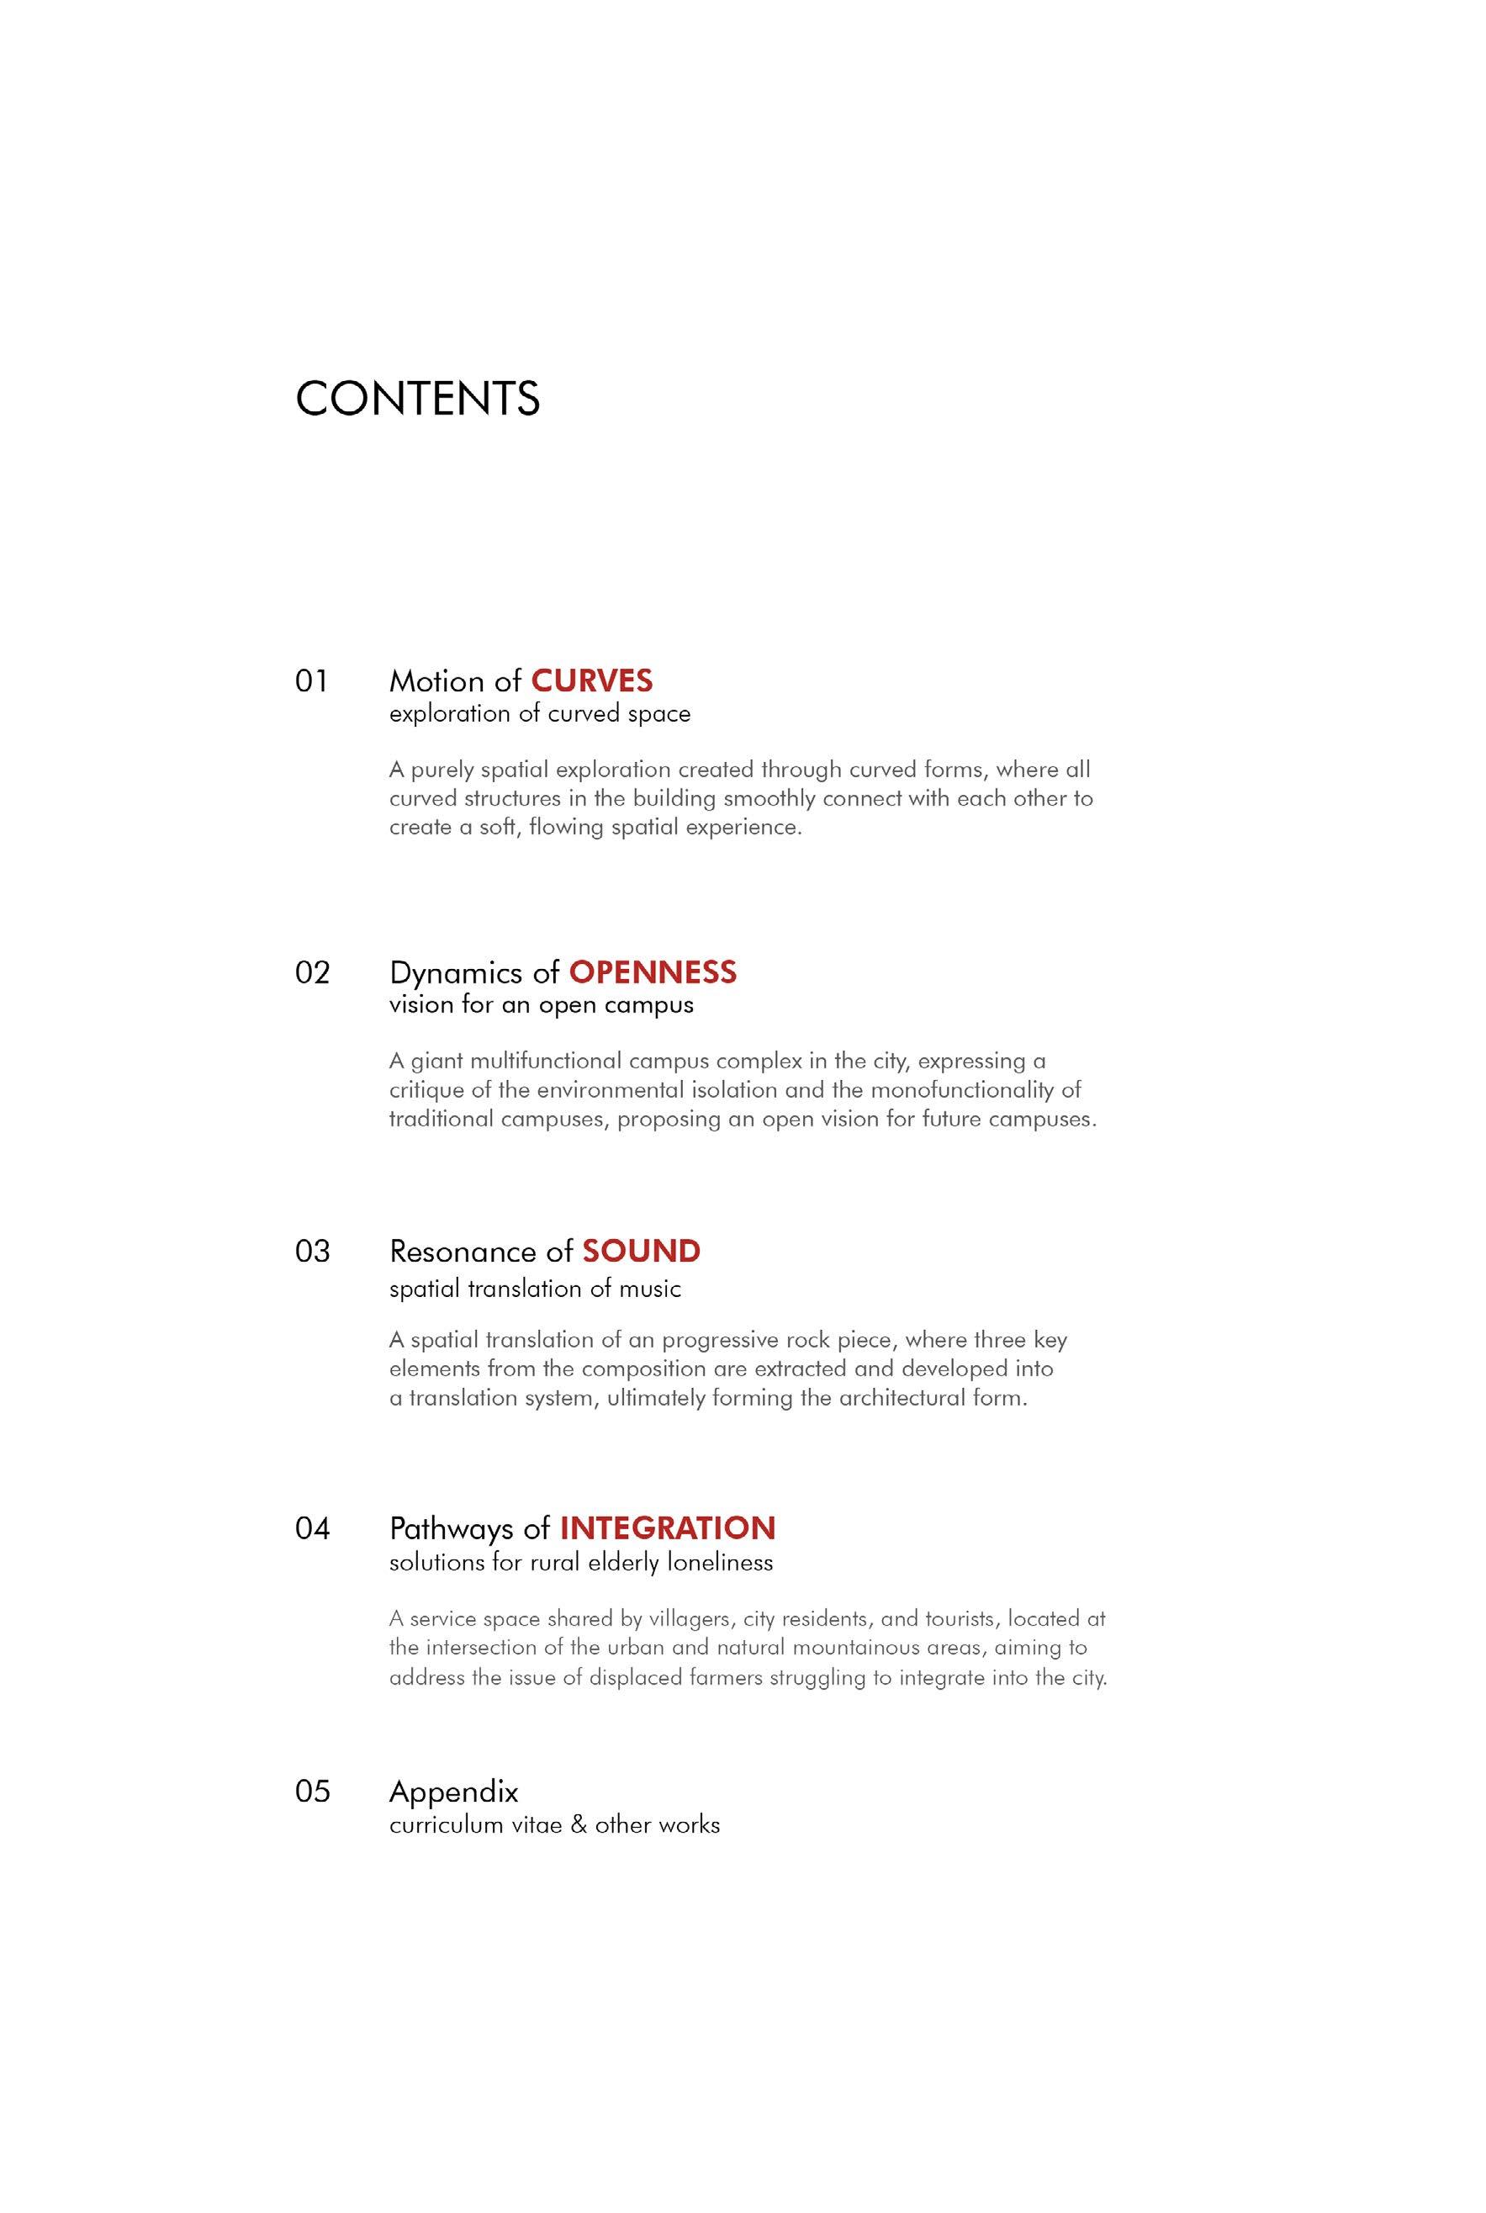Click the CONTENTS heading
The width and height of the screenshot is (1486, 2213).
[x=418, y=398]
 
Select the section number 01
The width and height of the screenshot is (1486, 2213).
[x=311, y=680]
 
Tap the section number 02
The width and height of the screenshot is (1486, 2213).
[x=312, y=972]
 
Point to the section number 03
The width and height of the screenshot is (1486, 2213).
[x=312, y=1251]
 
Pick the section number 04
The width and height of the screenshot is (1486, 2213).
[x=312, y=1527]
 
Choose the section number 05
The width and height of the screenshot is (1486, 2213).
[x=312, y=1790]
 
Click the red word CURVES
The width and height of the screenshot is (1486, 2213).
[x=591, y=680]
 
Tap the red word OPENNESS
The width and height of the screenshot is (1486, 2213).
[x=652, y=972]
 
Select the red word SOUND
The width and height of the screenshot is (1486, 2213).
[x=641, y=1251]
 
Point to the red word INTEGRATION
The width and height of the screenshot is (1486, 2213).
[x=667, y=1527]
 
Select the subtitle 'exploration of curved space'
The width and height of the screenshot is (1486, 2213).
[x=539, y=713]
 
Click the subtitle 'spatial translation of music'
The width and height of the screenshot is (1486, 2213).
[x=535, y=1289]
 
